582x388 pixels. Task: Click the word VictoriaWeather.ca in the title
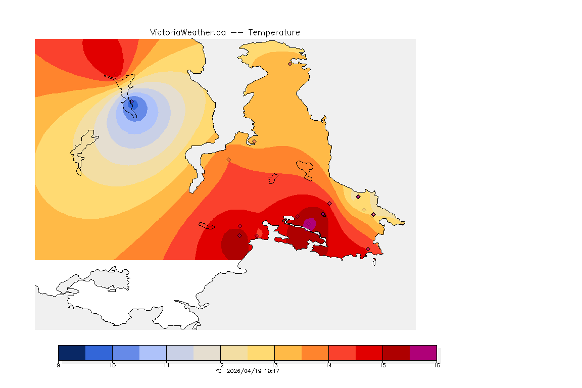187,32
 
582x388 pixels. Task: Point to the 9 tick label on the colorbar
59,365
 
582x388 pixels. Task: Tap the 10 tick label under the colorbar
113,365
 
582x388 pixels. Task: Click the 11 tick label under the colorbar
167,365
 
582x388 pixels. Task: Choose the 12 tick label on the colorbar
220,365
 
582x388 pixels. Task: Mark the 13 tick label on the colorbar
274,365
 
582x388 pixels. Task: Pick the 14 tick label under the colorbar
328,365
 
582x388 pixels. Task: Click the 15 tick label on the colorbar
382,365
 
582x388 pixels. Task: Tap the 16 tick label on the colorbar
436,365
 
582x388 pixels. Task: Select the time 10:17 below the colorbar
272,371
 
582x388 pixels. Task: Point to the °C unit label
218,371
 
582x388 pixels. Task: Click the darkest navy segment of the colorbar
72,353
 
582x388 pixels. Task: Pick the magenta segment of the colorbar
423,353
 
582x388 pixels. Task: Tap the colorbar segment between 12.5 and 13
261,353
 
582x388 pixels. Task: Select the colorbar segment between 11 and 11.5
180,353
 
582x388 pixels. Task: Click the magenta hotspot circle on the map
310,223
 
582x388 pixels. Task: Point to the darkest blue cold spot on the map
134,105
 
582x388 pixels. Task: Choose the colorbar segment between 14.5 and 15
369,353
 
